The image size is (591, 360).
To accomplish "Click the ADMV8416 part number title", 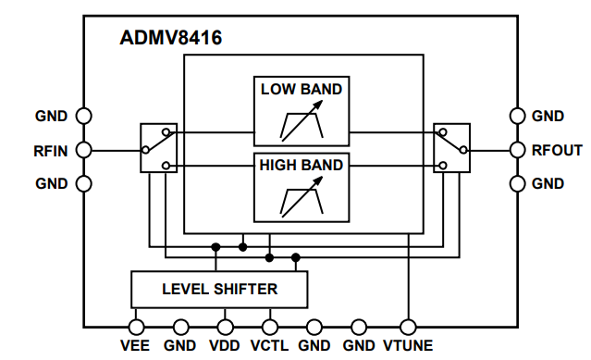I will tap(171, 39).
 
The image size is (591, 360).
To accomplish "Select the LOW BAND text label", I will tap(302, 90).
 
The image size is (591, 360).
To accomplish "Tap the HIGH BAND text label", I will tap(302, 166).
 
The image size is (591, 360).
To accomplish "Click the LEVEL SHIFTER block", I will tap(219, 289).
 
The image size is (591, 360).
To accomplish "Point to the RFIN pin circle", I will tap(83, 149).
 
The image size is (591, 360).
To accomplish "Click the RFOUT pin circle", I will tap(518, 149).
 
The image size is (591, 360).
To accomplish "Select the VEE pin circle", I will tap(136, 327).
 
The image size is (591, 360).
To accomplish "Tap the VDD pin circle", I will tap(225, 327).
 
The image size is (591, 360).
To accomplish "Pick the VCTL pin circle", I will tap(270, 327).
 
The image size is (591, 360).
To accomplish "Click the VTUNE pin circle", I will tap(407, 327).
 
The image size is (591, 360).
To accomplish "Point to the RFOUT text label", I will tap(557, 150).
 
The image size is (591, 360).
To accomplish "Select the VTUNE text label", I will tap(408, 347).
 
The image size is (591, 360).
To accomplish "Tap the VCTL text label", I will tap(270, 347).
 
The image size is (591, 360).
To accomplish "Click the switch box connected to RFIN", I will tap(156, 148).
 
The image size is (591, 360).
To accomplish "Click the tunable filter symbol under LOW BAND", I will tap(302, 122).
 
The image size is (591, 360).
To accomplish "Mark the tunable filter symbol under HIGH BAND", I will tap(302, 198).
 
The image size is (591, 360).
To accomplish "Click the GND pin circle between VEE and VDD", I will tap(180, 327).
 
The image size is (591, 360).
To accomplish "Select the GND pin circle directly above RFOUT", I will tap(518, 116).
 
